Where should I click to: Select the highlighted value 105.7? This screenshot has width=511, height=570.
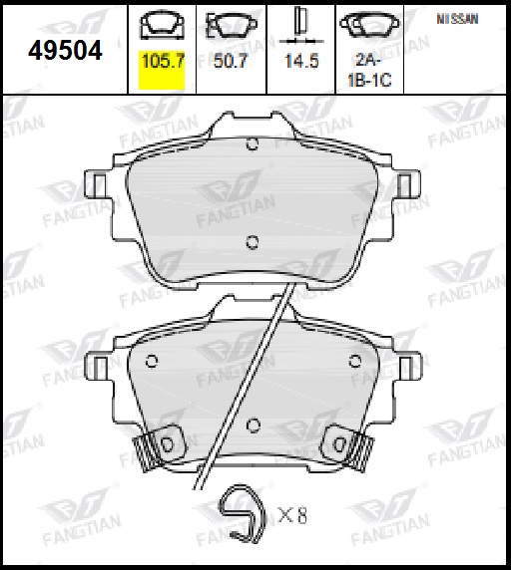click(164, 61)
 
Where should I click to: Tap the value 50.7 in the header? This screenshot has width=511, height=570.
click(230, 61)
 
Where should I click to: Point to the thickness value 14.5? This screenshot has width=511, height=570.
click(299, 61)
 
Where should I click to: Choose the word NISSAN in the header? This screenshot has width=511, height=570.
click(457, 19)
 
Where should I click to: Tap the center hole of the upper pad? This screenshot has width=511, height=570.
click(252, 239)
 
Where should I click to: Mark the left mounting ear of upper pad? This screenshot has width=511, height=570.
click(99, 183)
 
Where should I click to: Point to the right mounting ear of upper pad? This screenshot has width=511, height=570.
click(407, 183)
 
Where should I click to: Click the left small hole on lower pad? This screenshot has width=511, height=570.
click(152, 360)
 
